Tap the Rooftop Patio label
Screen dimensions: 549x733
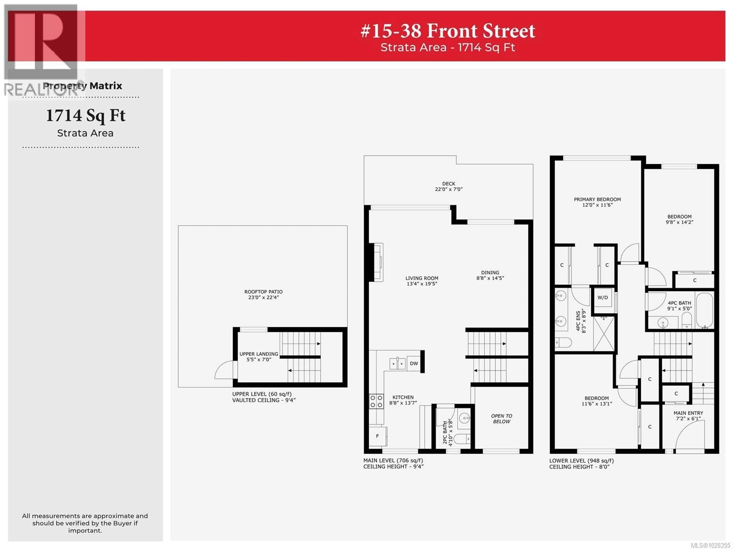click(x=263, y=294)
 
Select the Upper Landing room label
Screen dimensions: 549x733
click(x=259, y=357)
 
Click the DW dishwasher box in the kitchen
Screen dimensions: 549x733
click(x=414, y=363)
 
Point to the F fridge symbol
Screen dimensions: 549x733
click(x=377, y=436)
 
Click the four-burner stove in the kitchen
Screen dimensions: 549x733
click(x=376, y=401)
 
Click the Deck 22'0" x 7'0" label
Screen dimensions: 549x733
click(x=449, y=186)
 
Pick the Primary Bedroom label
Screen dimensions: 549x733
click(x=597, y=202)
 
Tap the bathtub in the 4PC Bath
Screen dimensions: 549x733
click(x=705, y=310)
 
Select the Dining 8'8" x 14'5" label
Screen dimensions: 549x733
click(x=490, y=275)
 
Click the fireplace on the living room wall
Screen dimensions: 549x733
click(x=378, y=262)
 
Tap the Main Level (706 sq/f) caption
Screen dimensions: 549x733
click(x=393, y=460)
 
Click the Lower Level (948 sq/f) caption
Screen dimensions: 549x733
click(x=581, y=461)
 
